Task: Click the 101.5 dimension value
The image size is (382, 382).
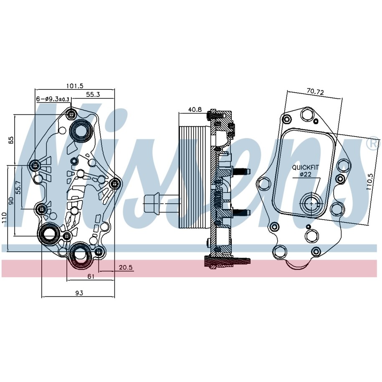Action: coord(75,86)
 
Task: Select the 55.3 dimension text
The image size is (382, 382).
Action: coord(93,94)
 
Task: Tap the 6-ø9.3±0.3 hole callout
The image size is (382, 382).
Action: coord(53,99)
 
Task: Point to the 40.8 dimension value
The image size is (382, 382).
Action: coord(195,109)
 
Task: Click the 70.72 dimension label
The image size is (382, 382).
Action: coord(315,91)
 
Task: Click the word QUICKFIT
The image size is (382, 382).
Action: coord(305,167)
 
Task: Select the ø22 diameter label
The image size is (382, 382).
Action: coord(305,175)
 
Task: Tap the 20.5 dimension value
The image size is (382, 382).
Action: coord(126,268)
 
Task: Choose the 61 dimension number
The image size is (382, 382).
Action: coord(91,276)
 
